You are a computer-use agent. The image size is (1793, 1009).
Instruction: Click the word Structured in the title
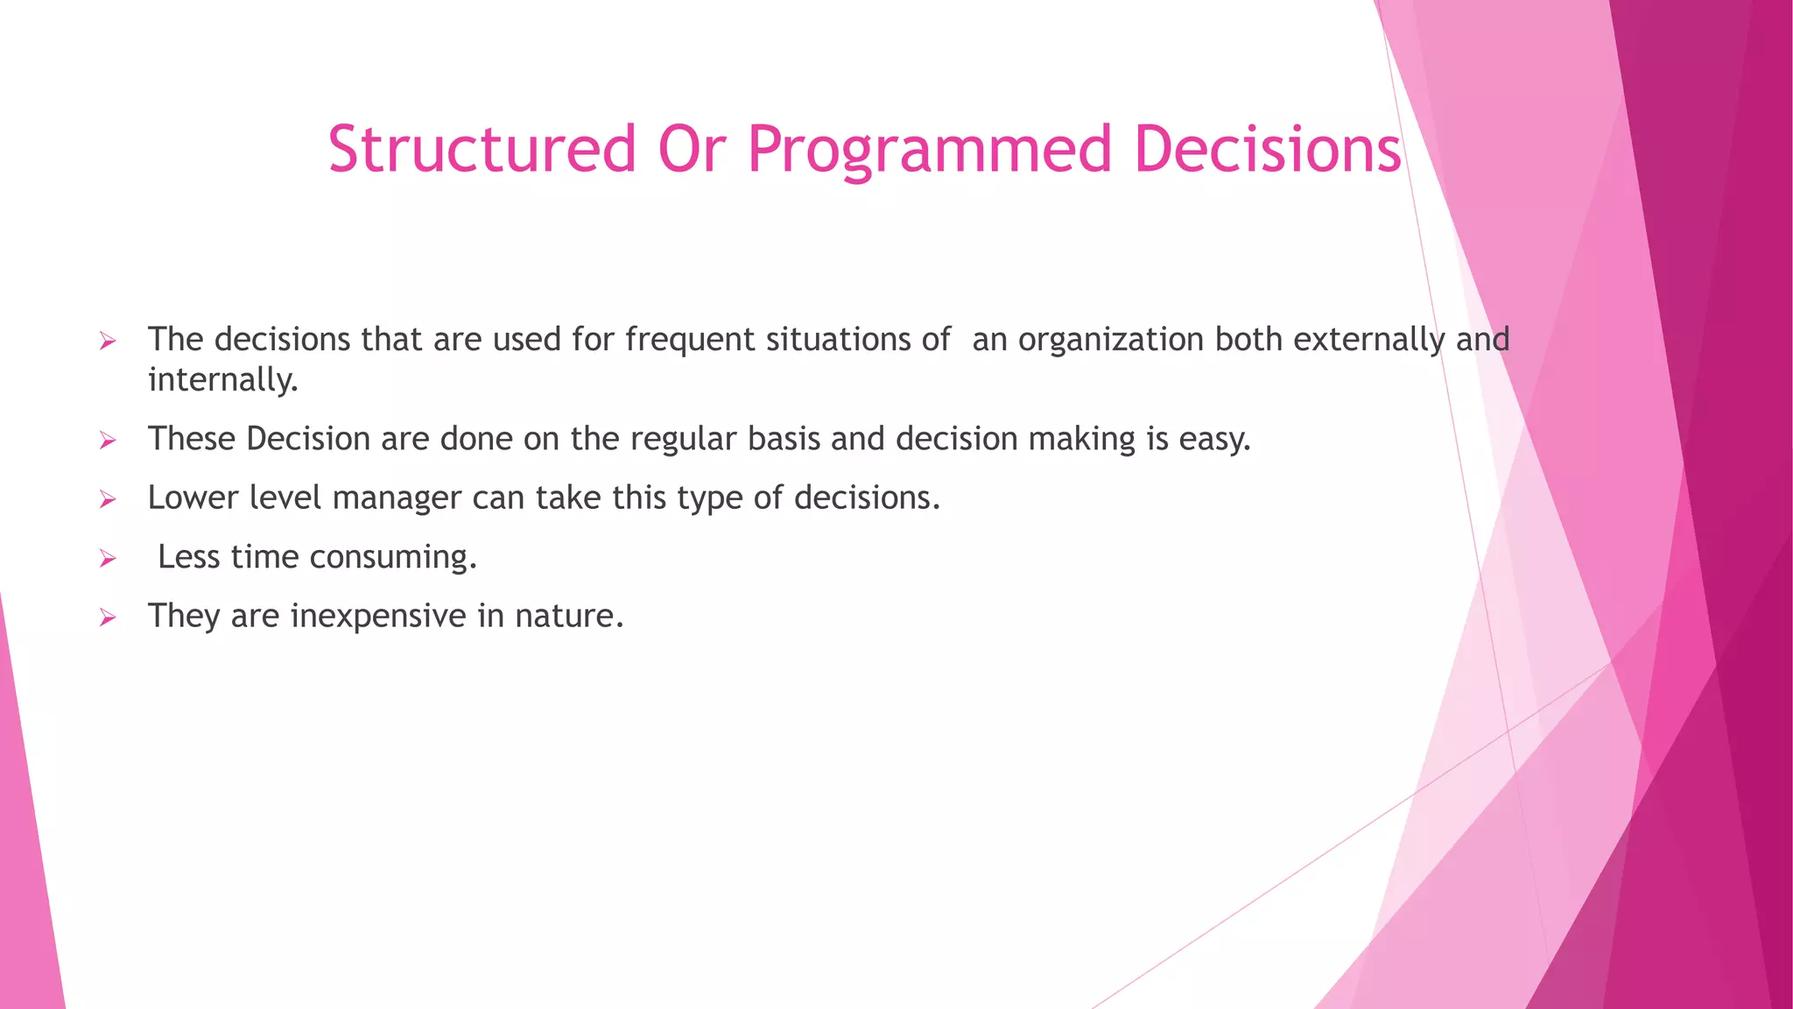point(482,149)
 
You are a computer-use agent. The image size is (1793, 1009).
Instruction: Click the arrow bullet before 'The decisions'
point(108,342)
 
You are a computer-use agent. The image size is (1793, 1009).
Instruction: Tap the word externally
point(1368,340)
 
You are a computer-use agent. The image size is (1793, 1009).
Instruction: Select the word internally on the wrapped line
point(222,380)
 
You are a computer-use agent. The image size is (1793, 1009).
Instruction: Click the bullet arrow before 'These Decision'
point(108,441)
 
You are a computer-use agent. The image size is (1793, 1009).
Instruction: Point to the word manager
point(397,498)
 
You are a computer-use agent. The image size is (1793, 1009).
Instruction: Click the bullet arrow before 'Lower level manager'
point(108,500)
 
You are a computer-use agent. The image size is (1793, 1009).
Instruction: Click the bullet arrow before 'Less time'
point(108,559)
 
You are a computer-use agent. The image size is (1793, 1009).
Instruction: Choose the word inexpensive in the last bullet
point(378,617)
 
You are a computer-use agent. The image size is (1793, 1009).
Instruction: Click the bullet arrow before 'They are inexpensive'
point(108,618)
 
